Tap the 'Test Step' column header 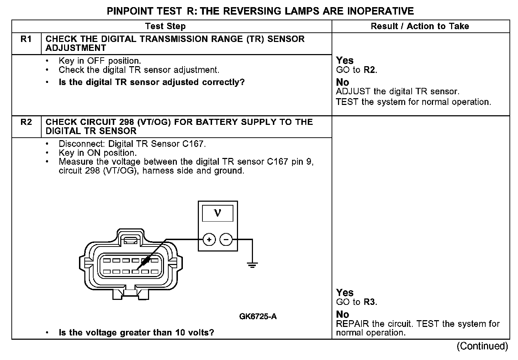click(165, 26)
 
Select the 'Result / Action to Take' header click(420, 26)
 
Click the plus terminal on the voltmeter click(209, 240)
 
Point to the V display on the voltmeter click(217, 213)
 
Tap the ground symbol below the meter click(252, 265)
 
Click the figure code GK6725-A click(258, 316)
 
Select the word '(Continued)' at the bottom click(482, 346)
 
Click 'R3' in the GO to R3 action click(370, 302)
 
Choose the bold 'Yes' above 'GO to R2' click(345, 60)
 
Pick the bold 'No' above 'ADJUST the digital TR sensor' click(343, 83)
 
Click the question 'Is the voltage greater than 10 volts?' click(136, 333)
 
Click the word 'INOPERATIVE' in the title click(380, 11)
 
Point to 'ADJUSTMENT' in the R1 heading click(76, 48)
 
